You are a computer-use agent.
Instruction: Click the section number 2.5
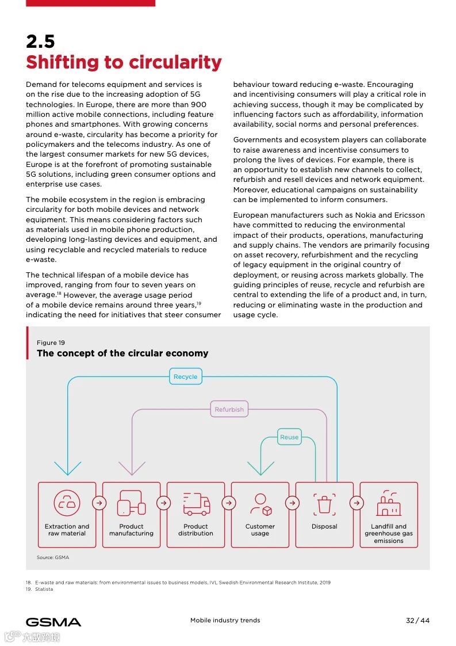click(40, 41)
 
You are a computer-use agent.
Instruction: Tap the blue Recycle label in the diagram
click(185, 377)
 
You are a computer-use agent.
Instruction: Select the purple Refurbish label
click(229, 409)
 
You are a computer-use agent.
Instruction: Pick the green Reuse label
click(289, 437)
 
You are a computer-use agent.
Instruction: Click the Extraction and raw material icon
click(67, 503)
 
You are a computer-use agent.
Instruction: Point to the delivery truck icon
click(196, 504)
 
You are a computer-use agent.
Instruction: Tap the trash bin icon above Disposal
click(324, 504)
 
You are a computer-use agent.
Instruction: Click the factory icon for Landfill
click(389, 504)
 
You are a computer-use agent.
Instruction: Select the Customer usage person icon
click(260, 504)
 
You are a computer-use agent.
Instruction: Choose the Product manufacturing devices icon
click(131, 503)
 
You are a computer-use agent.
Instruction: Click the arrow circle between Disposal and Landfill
click(357, 503)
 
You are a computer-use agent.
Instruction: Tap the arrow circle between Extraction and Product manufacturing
click(99, 503)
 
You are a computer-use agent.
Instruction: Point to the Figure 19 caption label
click(51, 343)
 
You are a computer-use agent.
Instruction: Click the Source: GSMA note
click(53, 557)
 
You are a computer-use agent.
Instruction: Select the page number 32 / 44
click(417, 620)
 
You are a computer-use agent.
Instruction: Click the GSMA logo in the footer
click(53, 622)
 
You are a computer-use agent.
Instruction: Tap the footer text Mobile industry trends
click(225, 620)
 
